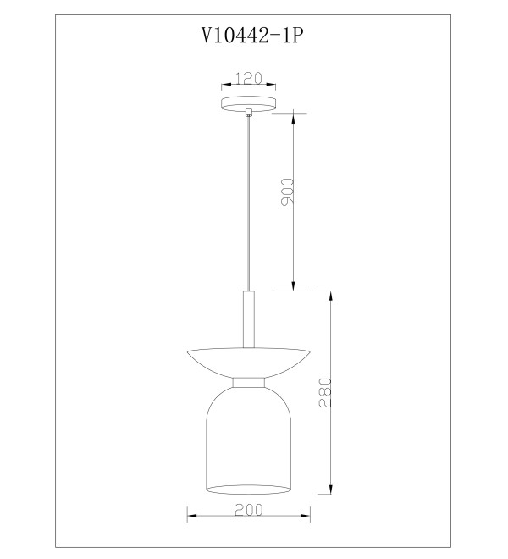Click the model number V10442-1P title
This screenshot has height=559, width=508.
(252, 35)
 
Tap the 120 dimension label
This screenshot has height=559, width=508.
(249, 78)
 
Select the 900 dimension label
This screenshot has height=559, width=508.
(287, 192)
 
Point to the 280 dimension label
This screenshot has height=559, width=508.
(325, 392)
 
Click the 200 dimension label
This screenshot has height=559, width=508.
(248, 509)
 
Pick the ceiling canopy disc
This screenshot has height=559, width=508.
(248, 103)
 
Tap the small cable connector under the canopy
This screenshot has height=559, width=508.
(249, 113)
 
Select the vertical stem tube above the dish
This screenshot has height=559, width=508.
(249, 319)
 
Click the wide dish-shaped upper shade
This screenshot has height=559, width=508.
(248, 363)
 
